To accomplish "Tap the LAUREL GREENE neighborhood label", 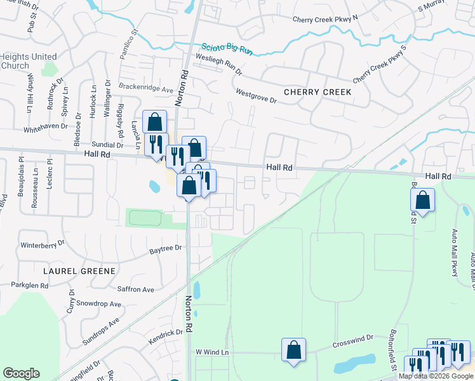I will click(79, 271).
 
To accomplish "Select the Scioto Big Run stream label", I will click(229, 50).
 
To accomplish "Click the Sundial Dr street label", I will click(107, 145).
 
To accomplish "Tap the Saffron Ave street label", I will click(136, 290).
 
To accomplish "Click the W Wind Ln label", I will click(211, 352).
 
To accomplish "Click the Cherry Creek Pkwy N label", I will click(325, 19).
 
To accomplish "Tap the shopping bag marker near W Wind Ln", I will click(293, 349).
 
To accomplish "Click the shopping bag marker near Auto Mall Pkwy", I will click(422, 200).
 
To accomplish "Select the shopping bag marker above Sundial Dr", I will click(154, 121).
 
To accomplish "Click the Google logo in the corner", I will click(21, 373).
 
